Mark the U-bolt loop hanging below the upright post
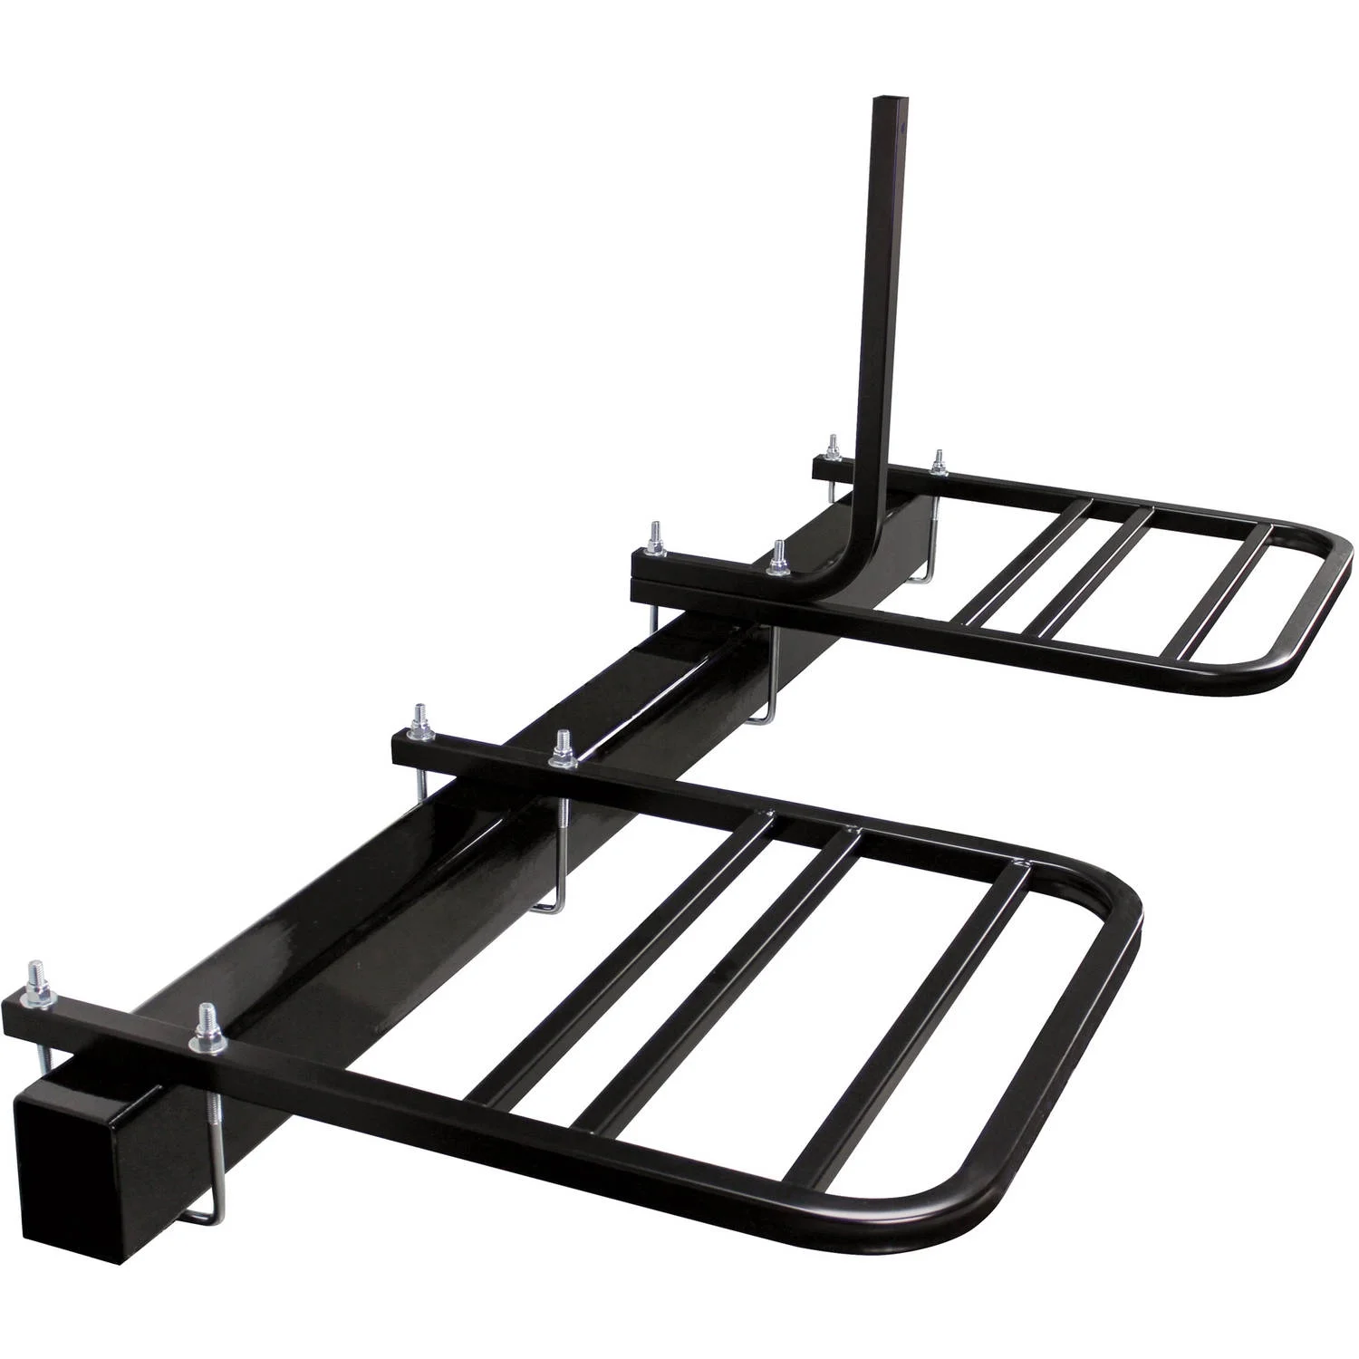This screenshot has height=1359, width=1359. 766,716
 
